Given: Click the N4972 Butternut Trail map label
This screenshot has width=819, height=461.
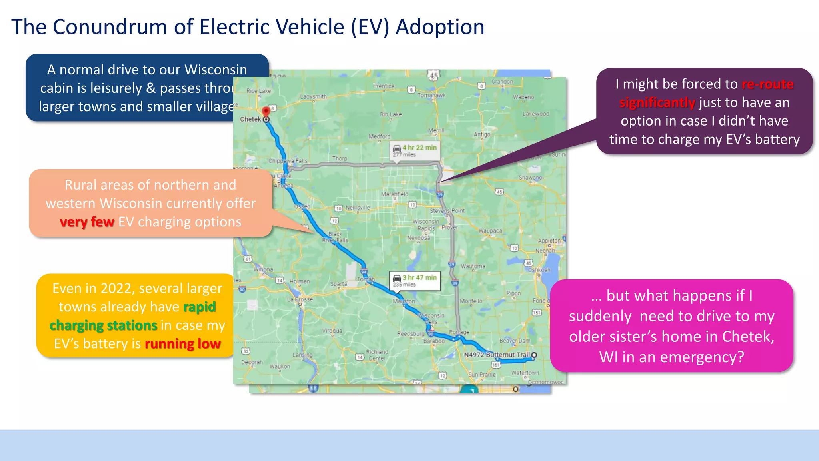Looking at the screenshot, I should pos(496,355).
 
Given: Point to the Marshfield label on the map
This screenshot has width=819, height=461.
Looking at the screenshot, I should pos(394,194).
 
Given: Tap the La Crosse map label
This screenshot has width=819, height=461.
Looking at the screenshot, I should pos(300,299).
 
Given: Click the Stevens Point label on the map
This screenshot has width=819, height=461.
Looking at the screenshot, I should pos(447,210).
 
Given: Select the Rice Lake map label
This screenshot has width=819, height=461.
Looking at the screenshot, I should pos(258,91).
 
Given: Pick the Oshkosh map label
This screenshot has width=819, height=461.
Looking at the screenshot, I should pos(539,270).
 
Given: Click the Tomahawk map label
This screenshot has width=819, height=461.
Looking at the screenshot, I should pos(431,95).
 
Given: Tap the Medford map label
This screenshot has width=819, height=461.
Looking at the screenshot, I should pos(379,136).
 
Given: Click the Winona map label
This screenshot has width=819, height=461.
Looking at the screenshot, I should pos(263,269).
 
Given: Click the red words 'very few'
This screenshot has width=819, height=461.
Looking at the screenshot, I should pos(87,222).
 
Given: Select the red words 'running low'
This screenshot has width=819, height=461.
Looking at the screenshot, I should pos(182,343).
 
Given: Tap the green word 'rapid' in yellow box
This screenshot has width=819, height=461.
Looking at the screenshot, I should pos(199,307).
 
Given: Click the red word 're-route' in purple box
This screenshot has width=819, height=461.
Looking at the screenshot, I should pos(767,84).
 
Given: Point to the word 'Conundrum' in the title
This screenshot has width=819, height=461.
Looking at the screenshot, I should pos(110,27).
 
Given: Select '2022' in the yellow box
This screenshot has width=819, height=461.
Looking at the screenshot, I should pos(116,288).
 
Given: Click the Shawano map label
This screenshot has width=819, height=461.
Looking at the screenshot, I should pos(530,178).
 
